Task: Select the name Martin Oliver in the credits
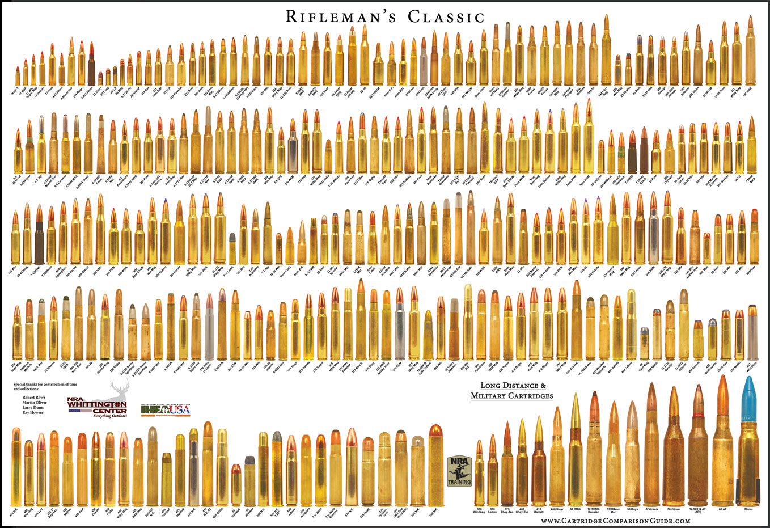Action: [35, 402]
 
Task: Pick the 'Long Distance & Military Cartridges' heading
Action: [511, 391]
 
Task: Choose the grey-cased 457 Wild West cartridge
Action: [753, 335]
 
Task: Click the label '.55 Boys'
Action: [632, 509]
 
